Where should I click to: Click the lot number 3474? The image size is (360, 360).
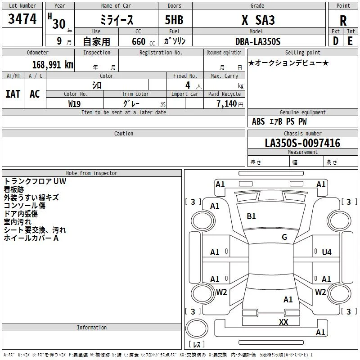pos(22,19)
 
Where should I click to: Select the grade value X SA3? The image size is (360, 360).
pos(258,20)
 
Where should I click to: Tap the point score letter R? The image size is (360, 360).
pos(343,21)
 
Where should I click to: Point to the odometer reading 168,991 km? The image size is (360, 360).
pos(53,65)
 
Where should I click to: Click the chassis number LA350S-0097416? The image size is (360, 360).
pos(302,143)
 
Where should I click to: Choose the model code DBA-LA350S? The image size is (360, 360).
pos(258,41)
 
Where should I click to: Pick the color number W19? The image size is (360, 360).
pos(74,104)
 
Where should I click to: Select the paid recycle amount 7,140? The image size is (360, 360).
pos(227,104)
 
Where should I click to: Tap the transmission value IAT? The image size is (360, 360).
pos(13,94)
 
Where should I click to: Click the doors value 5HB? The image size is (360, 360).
pos(174,20)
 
